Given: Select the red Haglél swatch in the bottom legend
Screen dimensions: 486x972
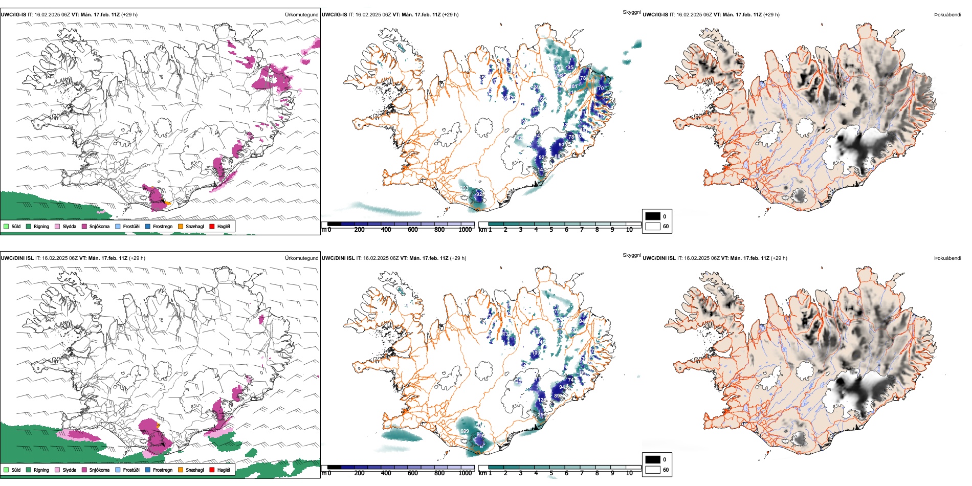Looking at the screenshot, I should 212,470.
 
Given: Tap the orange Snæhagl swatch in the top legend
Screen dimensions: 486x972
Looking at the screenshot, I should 181,226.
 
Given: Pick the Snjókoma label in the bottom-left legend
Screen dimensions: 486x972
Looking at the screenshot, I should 99,470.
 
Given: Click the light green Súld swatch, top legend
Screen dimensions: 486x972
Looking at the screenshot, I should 6,226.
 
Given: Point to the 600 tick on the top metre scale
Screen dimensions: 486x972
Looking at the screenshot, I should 412,230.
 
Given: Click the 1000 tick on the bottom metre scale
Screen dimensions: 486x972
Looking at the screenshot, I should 465,473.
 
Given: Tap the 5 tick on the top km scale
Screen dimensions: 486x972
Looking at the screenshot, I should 551,230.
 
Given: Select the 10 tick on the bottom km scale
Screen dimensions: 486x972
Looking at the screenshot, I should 629,473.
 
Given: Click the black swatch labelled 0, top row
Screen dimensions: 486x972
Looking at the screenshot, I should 653,216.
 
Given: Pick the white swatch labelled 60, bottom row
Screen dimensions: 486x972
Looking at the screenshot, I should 653,470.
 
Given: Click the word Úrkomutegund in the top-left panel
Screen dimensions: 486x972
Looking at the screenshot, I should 301,15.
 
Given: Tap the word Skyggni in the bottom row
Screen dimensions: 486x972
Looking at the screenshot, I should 631,255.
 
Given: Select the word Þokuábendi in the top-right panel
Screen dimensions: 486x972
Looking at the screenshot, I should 947,15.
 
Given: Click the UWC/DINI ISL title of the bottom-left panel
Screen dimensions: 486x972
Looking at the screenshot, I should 17,258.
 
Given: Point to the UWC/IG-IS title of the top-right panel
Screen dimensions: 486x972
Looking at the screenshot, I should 655,15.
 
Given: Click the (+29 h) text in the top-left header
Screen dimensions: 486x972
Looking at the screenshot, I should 129,15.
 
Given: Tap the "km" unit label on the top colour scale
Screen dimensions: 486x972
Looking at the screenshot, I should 482,230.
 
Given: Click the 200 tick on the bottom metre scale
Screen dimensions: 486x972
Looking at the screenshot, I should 359,473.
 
